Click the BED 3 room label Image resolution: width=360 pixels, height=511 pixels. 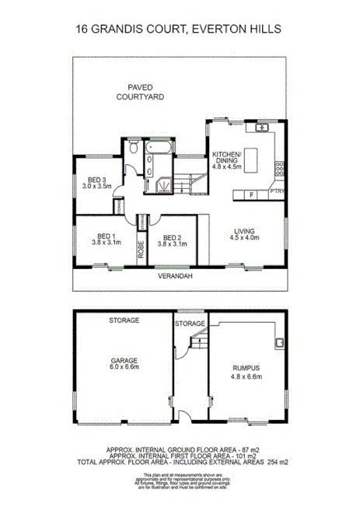pos(97,182)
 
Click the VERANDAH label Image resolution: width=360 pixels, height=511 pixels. pos(174,276)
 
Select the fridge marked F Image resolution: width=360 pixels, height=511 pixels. pos(251,194)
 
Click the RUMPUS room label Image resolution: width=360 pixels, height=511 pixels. pos(246,373)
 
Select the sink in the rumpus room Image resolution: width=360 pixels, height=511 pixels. pos(277,342)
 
